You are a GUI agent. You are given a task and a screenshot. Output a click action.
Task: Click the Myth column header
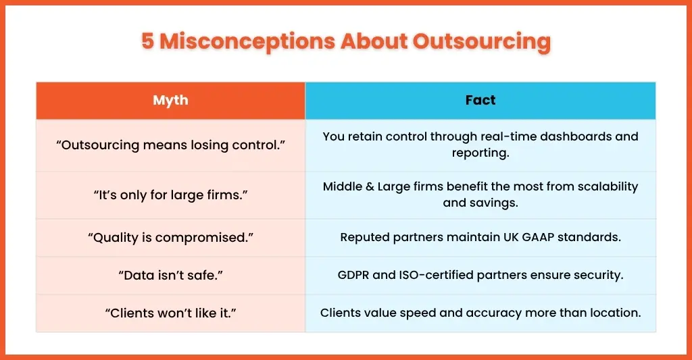[x=170, y=101]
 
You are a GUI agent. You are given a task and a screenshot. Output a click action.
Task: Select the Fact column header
[x=480, y=100]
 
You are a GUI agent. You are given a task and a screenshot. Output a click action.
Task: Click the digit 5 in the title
[x=147, y=41]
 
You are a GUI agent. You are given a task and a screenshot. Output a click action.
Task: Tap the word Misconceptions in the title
[x=247, y=41]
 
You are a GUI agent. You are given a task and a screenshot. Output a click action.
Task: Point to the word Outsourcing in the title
[x=482, y=42]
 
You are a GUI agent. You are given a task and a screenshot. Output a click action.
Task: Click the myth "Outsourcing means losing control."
[x=170, y=145]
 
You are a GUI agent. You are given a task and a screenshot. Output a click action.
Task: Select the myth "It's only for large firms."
[x=170, y=195]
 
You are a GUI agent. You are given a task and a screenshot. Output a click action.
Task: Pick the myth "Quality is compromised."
[x=170, y=238]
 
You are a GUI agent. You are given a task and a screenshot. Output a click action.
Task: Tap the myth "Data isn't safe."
[x=170, y=276]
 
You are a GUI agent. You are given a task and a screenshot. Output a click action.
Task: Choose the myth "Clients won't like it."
[x=170, y=313]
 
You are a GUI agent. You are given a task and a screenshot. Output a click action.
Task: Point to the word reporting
[x=480, y=153]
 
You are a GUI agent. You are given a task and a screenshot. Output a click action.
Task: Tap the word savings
[x=497, y=203]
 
